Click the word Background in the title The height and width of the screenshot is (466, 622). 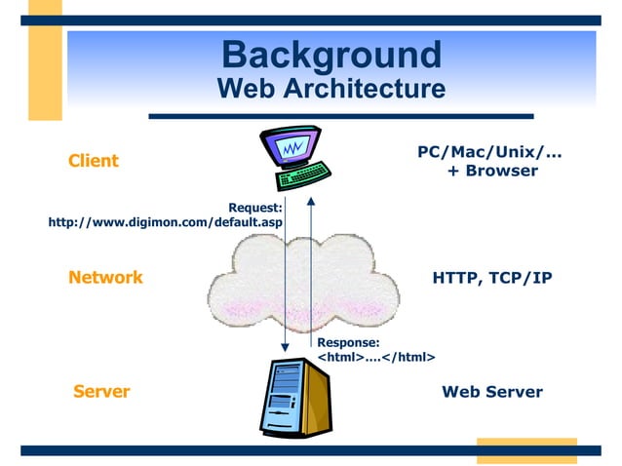click(x=330, y=54)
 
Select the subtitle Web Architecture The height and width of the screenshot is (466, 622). click(x=330, y=89)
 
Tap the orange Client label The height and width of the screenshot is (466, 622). click(x=94, y=161)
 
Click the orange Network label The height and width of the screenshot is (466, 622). click(x=105, y=278)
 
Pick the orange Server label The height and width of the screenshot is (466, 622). click(x=101, y=392)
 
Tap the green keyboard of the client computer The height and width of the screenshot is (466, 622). click(x=302, y=176)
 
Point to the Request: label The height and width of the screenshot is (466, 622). click(x=255, y=207)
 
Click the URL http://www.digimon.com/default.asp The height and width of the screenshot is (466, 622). click(x=166, y=222)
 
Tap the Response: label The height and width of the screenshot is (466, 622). click(x=348, y=342)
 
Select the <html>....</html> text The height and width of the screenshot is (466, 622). click(x=376, y=358)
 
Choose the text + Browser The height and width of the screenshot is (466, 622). click(x=492, y=171)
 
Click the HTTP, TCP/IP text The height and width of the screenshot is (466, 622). click(x=492, y=278)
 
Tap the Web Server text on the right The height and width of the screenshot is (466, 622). click(x=492, y=392)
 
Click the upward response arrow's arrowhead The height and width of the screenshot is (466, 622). click(x=311, y=201)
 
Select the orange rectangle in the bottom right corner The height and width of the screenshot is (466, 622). click(x=525, y=450)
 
